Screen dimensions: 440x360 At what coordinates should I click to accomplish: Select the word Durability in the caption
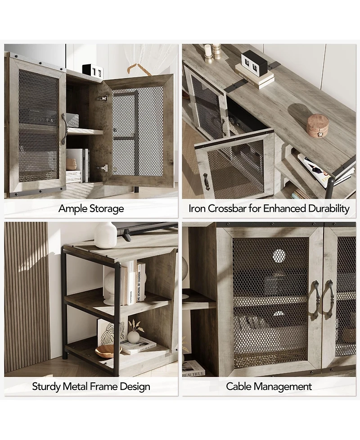point(328,209)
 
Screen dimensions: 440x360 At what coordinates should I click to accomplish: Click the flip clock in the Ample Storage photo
point(93,70)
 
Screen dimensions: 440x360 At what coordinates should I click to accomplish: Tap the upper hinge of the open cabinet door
point(103,98)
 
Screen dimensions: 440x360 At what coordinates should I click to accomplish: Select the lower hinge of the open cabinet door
point(103,168)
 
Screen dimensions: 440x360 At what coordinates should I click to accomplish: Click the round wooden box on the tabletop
point(317,125)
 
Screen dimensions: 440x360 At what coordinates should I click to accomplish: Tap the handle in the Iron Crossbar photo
point(206,181)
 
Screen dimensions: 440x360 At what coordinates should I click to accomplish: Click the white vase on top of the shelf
point(105,235)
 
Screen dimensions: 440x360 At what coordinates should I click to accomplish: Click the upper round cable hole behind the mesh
point(279,255)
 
